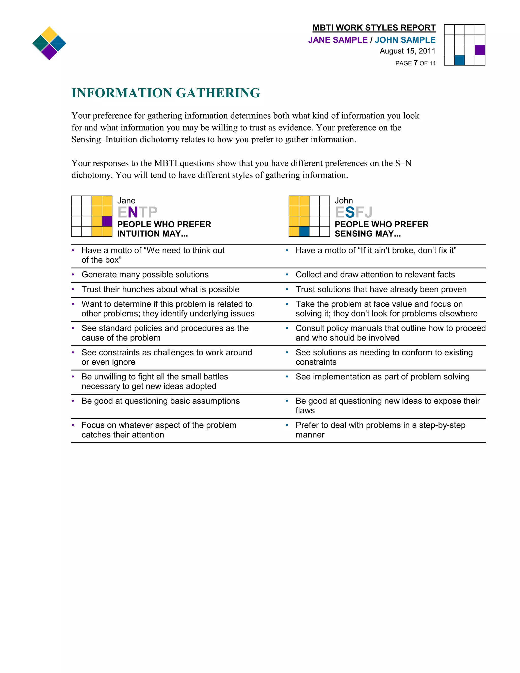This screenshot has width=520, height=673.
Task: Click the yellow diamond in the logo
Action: tap(49, 34)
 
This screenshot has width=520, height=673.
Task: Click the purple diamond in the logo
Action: tap(49, 52)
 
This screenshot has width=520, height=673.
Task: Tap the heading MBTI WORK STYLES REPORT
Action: tap(374, 28)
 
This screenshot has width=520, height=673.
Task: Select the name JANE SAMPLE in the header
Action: tap(338, 40)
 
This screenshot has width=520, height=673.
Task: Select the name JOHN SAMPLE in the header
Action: tap(405, 40)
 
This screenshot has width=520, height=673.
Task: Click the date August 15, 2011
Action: tap(407, 51)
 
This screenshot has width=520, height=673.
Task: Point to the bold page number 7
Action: tap(416, 63)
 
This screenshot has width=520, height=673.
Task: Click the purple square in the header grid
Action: tap(480, 50)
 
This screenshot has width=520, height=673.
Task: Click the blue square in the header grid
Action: tap(459, 60)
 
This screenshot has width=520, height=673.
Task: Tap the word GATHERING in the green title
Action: tap(218, 93)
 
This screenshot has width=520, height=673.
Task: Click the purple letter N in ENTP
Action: tap(133, 212)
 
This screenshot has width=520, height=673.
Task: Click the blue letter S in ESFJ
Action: tap(350, 212)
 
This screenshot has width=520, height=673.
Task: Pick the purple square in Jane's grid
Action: tap(107, 221)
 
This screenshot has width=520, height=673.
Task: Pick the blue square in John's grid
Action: tap(304, 231)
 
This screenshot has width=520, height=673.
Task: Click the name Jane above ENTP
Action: tap(126, 201)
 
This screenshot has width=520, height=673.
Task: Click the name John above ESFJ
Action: tap(344, 201)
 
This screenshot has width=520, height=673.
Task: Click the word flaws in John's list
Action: tap(305, 410)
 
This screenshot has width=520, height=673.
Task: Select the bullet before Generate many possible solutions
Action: tap(73, 275)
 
